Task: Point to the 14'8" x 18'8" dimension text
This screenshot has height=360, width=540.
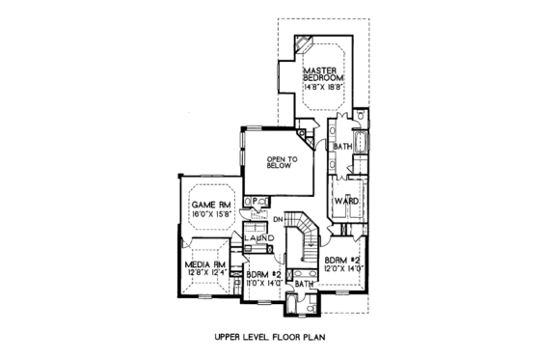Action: tap(323, 88)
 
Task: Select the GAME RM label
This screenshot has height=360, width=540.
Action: tap(209, 205)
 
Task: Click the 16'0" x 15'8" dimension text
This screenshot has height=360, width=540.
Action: tap(209, 214)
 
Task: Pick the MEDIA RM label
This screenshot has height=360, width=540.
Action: tap(204, 263)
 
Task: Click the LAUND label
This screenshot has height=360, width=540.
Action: tap(257, 237)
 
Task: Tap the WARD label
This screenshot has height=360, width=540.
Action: tap(345, 201)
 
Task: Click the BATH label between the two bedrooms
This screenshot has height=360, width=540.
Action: tap(304, 284)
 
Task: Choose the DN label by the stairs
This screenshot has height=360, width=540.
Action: tap(278, 219)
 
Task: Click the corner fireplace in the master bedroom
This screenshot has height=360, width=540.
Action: tap(303, 42)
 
